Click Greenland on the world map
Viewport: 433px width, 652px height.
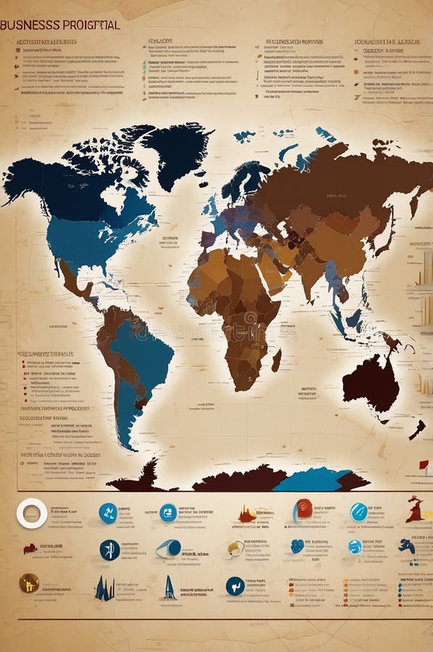point(177,149)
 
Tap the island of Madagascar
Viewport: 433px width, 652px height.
point(277,359)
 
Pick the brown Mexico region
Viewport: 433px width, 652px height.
point(73,279)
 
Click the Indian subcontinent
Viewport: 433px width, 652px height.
point(311,269)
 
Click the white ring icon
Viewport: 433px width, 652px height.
point(32,514)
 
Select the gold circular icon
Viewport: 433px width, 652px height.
point(29,583)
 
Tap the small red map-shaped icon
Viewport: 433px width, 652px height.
point(30,548)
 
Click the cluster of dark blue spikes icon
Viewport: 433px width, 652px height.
point(104,588)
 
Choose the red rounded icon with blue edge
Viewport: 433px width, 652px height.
point(303,510)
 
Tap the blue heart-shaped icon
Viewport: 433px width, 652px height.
point(297,546)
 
